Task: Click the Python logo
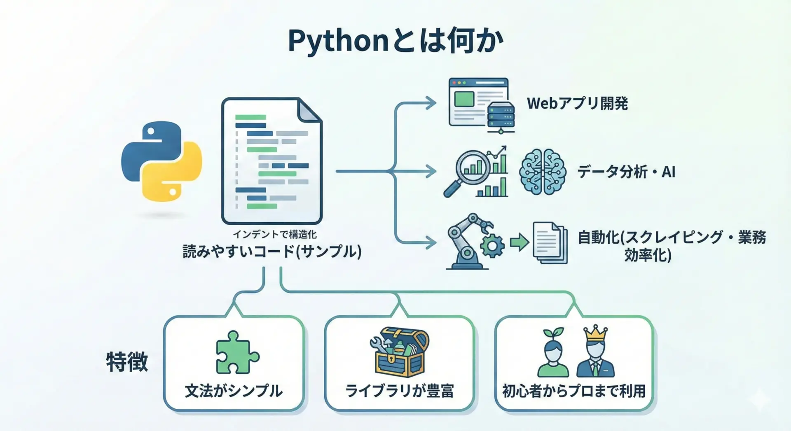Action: [161, 161]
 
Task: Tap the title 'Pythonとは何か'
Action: [395, 41]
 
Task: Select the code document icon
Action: [271, 161]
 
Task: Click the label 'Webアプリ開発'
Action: [577, 103]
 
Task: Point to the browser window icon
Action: [478, 102]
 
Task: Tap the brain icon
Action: [542, 172]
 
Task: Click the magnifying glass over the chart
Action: [470, 171]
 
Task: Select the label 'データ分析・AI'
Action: [626, 172]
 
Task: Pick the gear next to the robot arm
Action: [492, 246]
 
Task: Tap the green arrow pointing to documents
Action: [519, 242]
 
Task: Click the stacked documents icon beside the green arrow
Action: [550, 243]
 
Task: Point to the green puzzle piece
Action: [236, 353]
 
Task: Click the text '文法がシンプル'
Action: [234, 391]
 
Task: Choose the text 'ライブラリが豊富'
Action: [399, 391]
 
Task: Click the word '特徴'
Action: [127, 362]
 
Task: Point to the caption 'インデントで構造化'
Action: [274, 234]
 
